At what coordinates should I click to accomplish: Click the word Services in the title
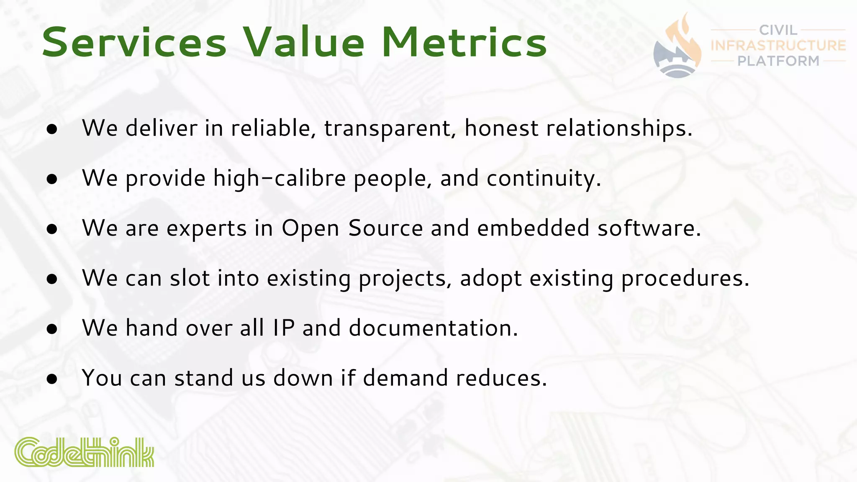134,43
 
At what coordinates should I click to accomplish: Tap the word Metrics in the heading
464,43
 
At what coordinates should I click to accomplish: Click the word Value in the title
304,43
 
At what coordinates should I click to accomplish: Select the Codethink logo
84,452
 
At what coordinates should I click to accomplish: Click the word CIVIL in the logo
778,30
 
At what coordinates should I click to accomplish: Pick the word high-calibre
279,179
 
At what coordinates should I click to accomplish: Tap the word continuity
543,179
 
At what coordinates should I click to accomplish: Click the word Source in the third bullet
385,228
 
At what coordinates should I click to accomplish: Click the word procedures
685,279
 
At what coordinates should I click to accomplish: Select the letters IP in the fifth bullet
284,328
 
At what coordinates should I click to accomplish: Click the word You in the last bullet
102,378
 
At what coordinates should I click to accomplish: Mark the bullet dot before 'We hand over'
52,329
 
